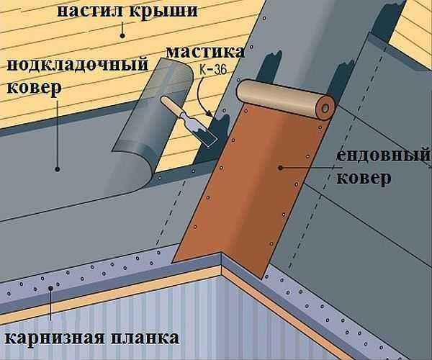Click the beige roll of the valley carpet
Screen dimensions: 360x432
(x=281, y=99)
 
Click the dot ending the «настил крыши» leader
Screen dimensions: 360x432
(x=123, y=33)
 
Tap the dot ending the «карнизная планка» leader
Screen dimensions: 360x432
(x=51, y=288)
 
